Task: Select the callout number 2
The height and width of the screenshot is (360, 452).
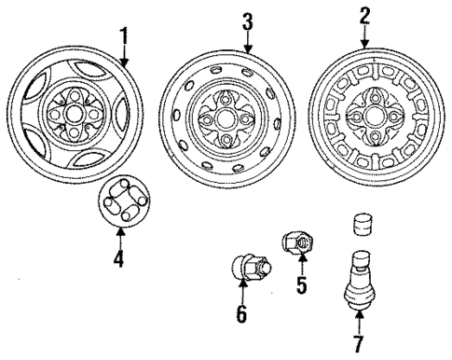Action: (x=364, y=14)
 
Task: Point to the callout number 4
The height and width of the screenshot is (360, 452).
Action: (x=117, y=257)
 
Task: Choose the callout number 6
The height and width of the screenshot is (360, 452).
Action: (x=241, y=314)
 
